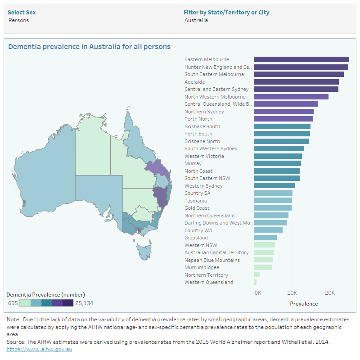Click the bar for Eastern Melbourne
point(301,59)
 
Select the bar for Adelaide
point(296,82)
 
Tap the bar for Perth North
point(283,119)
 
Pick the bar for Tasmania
point(273,200)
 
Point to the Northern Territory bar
point(256,274)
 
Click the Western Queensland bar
point(255,282)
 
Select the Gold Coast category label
point(197,208)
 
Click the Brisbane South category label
point(202,126)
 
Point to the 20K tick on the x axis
point(329,292)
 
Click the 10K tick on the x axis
point(292,292)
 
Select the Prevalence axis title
point(304,303)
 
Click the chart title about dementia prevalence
point(90,46)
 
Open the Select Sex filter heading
point(22,12)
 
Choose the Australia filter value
point(196,20)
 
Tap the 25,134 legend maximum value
point(84,303)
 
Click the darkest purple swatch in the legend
point(68,303)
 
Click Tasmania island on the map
point(145,250)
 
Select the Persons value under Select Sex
point(18,20)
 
